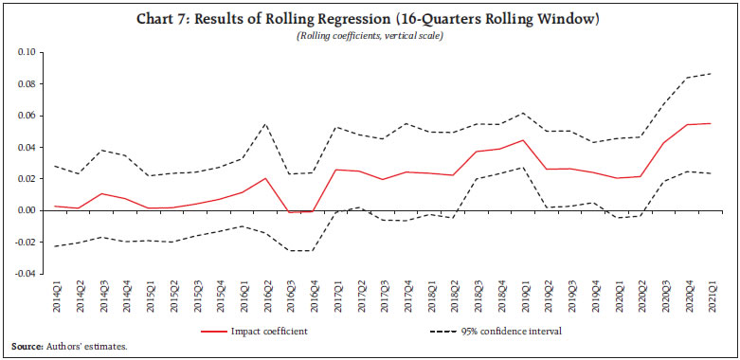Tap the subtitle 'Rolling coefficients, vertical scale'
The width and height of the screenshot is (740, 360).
click(370, 36)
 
